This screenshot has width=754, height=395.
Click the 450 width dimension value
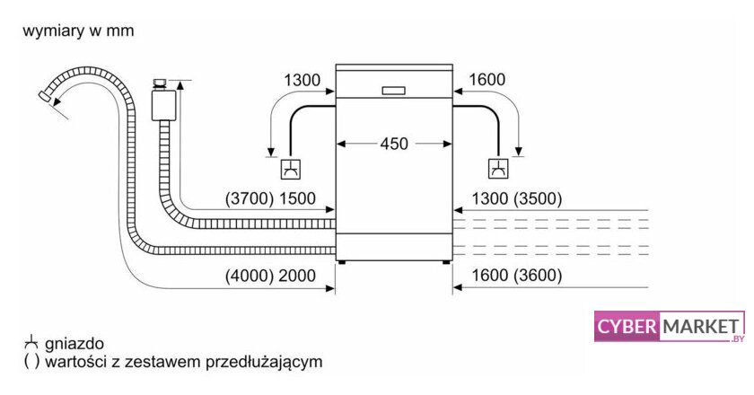(394, 144)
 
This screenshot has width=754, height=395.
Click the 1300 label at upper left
(302, 81)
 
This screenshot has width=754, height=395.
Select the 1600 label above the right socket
(487, 81)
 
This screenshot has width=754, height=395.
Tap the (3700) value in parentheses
(249, 199)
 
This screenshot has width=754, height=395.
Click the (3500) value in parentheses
(537, 199)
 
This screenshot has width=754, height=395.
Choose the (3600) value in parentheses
(537, 276)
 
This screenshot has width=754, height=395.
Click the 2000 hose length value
(297, 276)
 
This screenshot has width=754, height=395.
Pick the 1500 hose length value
(297, 199)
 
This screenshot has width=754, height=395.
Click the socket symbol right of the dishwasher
(497, 167)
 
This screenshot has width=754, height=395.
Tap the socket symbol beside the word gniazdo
(31, 343)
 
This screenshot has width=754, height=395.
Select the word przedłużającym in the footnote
(266, 363)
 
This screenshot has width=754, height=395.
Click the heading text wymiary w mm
(79, 31)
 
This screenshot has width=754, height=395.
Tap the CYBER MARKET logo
(670, 327)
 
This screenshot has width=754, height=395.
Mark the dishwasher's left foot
(341, 262)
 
